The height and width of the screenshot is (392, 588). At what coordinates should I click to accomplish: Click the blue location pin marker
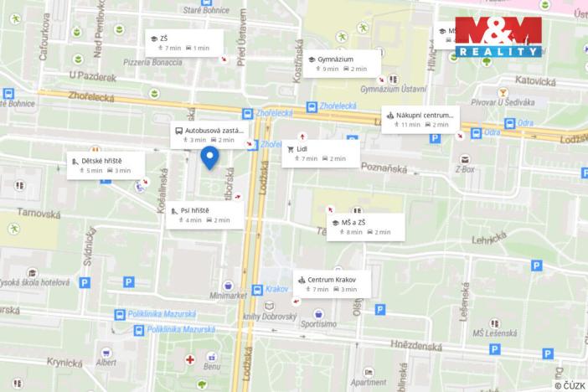210,157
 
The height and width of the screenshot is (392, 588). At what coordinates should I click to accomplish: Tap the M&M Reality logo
498,36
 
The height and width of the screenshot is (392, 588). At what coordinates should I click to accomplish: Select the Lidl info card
320,153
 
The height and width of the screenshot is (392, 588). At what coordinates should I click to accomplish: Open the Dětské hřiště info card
107,165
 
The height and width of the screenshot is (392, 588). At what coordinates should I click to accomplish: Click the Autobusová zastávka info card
210,135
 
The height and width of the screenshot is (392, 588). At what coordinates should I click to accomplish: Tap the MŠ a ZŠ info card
364,226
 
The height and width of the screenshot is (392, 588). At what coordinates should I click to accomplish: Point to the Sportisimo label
318,323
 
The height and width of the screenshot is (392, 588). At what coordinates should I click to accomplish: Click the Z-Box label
466,168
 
